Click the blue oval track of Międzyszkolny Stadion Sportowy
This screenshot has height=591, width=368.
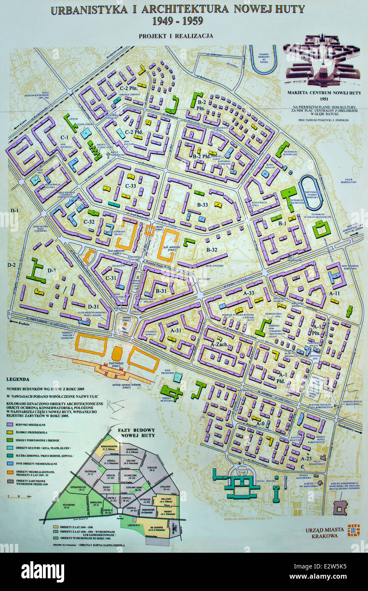pyautogui.click(x=311, y=192)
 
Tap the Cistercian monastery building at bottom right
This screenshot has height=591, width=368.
pyautogui.click(x=340, y=507)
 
